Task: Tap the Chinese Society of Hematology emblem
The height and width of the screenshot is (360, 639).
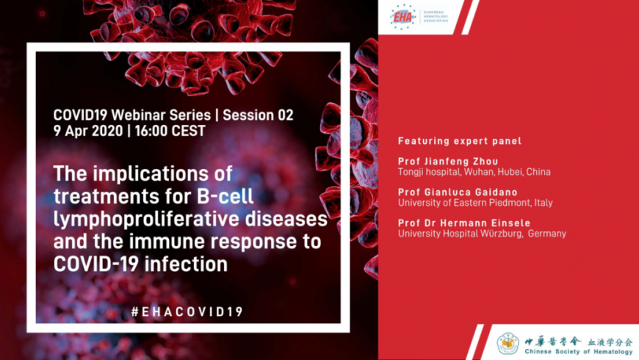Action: pyautogui.click(x=509, y=343)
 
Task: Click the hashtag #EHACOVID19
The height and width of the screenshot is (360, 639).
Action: pyautogui.click(x=187, y=312)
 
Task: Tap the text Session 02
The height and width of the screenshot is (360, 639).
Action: pyautogui.click(x=258, y=115)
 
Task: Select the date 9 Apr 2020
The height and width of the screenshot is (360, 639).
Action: pyautogui.click(x=87, y=131)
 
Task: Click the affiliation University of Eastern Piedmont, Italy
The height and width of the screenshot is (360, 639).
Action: pyautogui.click(x=475, y=203)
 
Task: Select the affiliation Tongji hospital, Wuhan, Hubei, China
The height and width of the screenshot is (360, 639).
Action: pyautogui.click(x=474, y=172)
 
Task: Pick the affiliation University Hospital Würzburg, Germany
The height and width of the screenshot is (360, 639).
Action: pyautogui.click(x=482, y=234)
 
